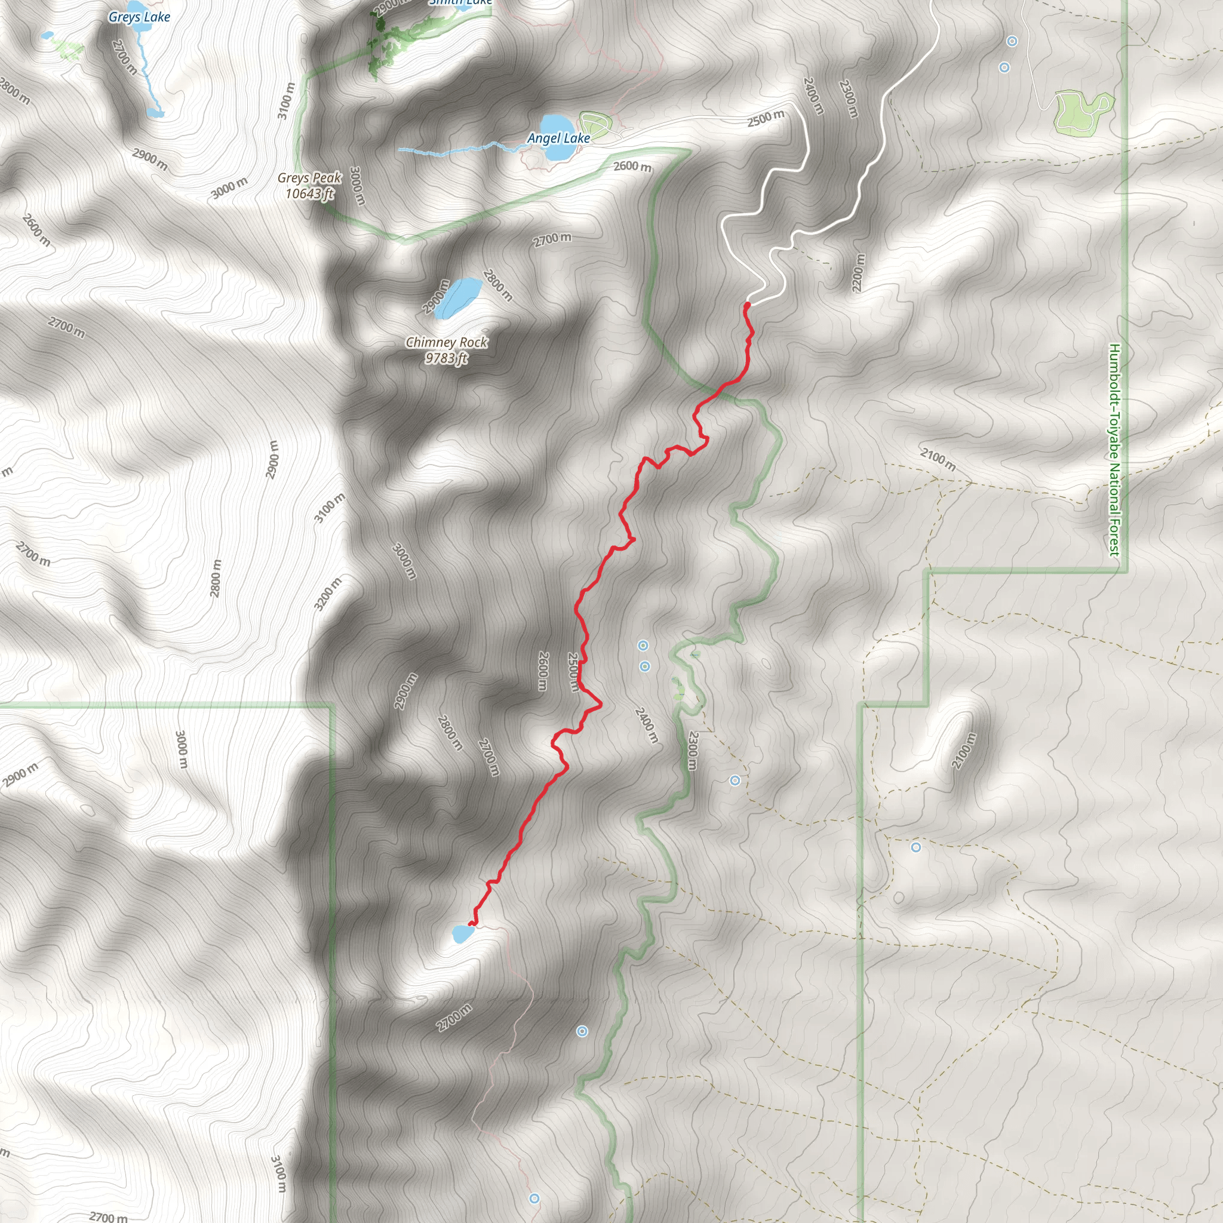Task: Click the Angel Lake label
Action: click(558, 138)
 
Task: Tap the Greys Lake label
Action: click(139, 17)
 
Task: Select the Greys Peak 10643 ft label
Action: click(309, 186)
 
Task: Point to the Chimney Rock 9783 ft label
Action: click(446, 350)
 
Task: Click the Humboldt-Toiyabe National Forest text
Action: click(1114, 450)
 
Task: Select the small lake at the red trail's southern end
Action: click(463, 933)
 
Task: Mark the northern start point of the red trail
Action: click(747, 305)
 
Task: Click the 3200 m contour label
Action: click(328, 594)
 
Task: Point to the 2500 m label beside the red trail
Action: click(573, 672)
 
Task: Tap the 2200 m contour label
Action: click(858, 273)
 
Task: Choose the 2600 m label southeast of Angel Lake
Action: click(632, 167)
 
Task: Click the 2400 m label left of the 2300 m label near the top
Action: click(813, 96)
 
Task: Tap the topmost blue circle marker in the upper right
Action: click(1012, 42)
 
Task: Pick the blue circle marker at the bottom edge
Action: click(534, 1199)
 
